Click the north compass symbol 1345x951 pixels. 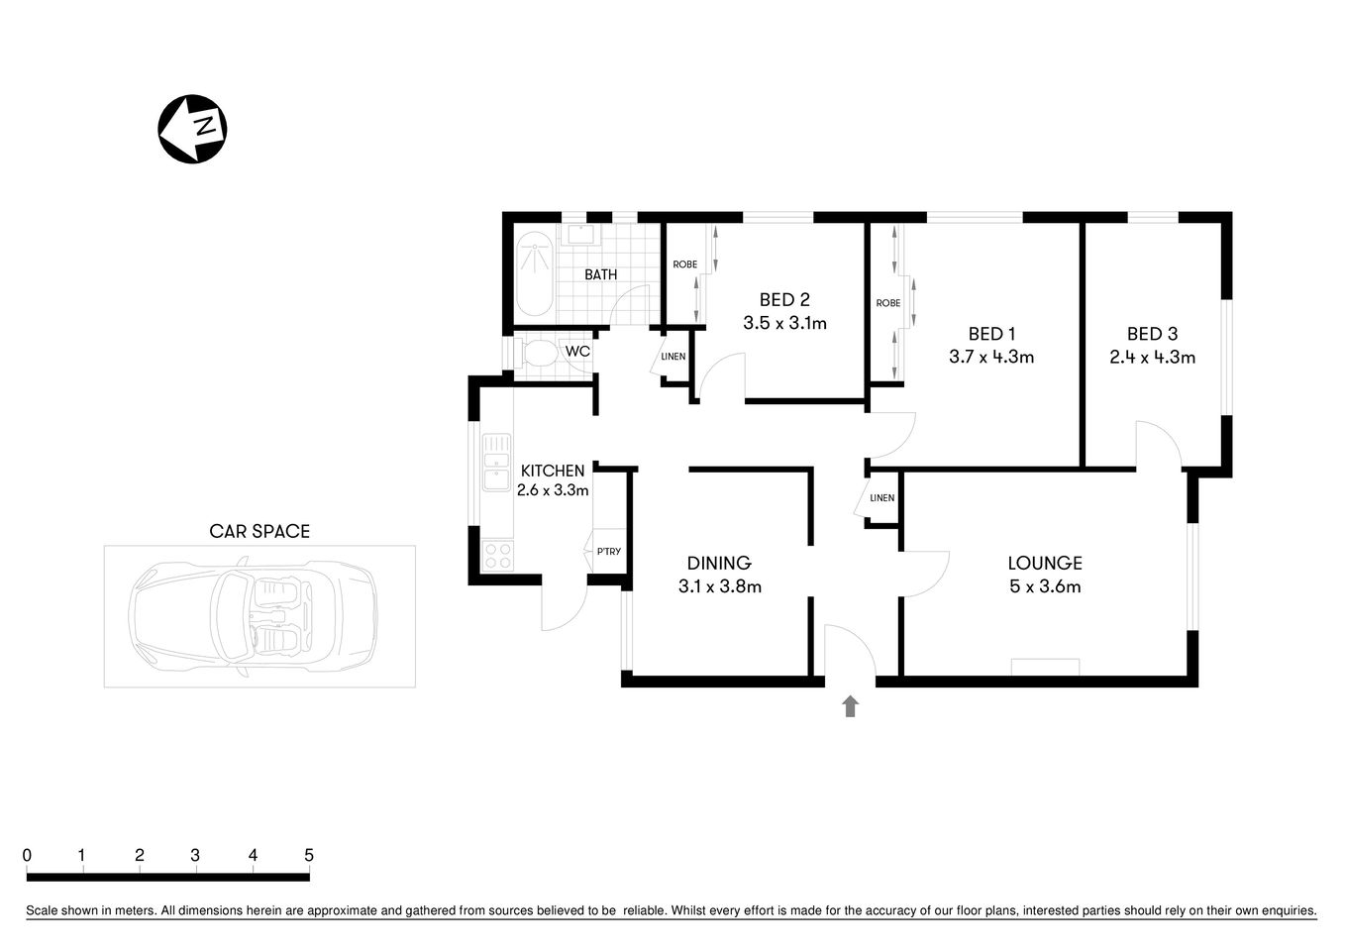(x=193, y=129)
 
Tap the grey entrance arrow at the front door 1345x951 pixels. (x=850, y=705)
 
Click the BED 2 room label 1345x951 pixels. (x=784, y=299)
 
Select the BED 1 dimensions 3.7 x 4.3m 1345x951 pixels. (x=990, y=358)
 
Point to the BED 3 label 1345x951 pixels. (x=1152, y=334)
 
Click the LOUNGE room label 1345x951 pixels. (x=1044, y=563)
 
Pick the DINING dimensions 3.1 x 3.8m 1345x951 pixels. (x=719, y=586)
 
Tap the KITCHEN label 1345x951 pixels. (x=552, y=471)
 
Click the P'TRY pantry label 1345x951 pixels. (x=608, y=552)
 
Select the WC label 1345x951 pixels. (x=576, y=351)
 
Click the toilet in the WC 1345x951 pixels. (x=538, y=354)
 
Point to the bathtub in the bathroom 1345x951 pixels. (x=535, y=273)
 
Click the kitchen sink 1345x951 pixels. (x=496, y=463)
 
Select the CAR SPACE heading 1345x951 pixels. (x=259, y=531)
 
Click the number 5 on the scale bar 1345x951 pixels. (x=309, y=855)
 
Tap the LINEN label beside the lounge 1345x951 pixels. (x=881, y=498)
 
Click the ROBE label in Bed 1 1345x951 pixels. (x=887, y=303)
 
